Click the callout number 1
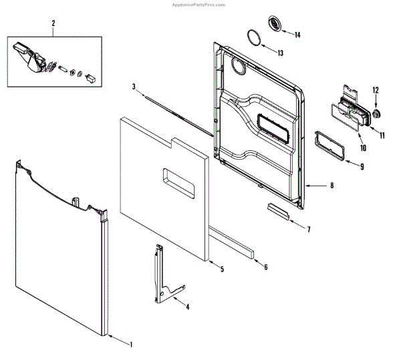click(x=131, y=345)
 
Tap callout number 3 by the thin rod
click(x=134, y=87)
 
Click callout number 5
click(x=222, y=268)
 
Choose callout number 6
click(x=265, y=267)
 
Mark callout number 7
click(x=309, y=230)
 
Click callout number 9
click(x=362, y=166)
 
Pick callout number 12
click(x=376, y=89)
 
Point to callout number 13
click(x=280, y=52)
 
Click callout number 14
click(x=297, y=35)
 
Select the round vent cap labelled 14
click(x=275, y=25)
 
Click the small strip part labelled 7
click(x=277, y=211)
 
